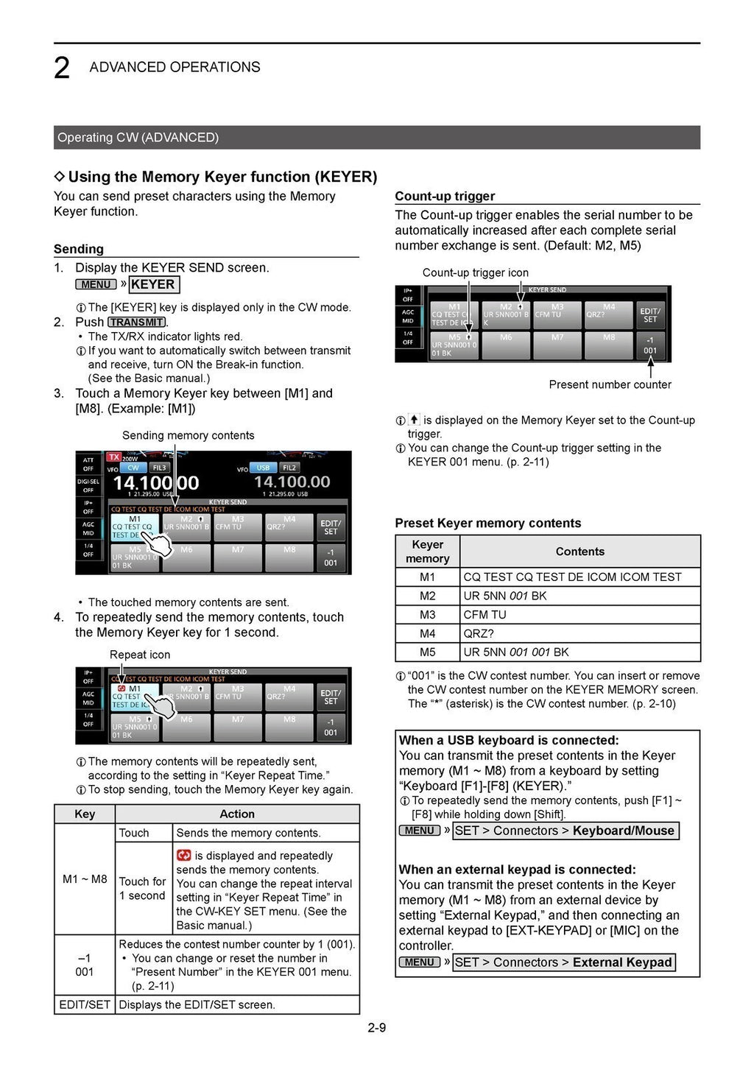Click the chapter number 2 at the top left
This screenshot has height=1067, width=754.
pyautogui.click(x=62, y=68)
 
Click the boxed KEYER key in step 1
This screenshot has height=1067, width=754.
pyautogui.click(x=153, y=285)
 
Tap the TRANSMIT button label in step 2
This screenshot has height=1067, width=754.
pyautogui.click(x=136, y=323)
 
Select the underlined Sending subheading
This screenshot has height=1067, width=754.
pyautogui.click(x=79, y=249)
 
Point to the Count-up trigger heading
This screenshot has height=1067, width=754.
pyautogui.click(x=445, y=196)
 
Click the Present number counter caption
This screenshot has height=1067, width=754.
pyautogui.click(x=610, y=384)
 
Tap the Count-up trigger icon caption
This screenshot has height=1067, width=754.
pyautogui.click(x=475, y=272)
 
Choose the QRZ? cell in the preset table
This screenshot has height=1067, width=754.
pyautogui.click(x=479, y=633)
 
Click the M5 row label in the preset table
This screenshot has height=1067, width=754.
pyautogui.click(x=427, y=652)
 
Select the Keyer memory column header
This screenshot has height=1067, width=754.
pyautogui.click(x=427, y=552)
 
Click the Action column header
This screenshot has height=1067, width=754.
pyautogui.click(x=237, y=814)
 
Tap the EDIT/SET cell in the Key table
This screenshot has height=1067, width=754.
pyautogui.click(x=85, y=1004)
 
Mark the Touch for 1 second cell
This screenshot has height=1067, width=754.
pyautogui.click(x=143, y=888)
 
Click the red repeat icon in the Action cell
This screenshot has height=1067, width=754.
pyautogui.click(x=184, y=856)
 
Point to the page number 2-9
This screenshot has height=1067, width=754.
pyautogui.click(x=377, y=1027)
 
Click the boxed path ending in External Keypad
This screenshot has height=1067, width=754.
pyautogui.click(x=563, y=962)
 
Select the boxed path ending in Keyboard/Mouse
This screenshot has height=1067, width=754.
pyautogui.click(x=565, y=831)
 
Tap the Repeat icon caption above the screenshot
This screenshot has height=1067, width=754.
pyautogui.click(x=140, y=655)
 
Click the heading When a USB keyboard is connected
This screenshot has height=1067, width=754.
pyautogui.click(x=509, y=740)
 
